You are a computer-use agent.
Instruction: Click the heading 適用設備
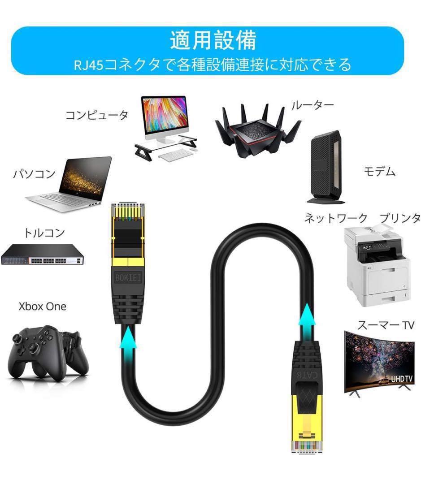point(213,41)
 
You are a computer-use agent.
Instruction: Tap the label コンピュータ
point(97,115)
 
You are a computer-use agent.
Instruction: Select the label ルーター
point(312,105)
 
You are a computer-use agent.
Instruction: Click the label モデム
point(380,171)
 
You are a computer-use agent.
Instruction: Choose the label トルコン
point(44,233)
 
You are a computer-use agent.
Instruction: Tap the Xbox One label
point(42,307)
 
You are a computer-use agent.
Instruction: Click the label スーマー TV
point(385,325)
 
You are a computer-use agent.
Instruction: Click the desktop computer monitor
point(164,115)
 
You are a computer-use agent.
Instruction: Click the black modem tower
point(325,168)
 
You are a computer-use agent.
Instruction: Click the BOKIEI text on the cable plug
point(127,278)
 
